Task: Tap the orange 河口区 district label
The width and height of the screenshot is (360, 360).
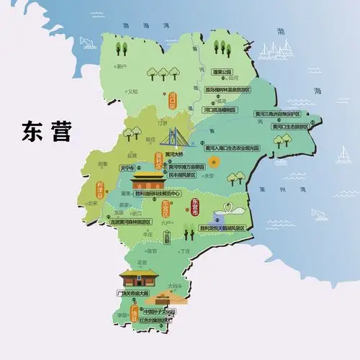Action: tap(173, 96)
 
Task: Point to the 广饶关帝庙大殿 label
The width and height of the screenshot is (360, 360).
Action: tap(137, 294)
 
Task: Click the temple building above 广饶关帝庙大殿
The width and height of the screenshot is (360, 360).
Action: tap(138, 278)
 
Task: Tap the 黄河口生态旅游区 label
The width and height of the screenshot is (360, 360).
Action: tap(290, 126)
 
